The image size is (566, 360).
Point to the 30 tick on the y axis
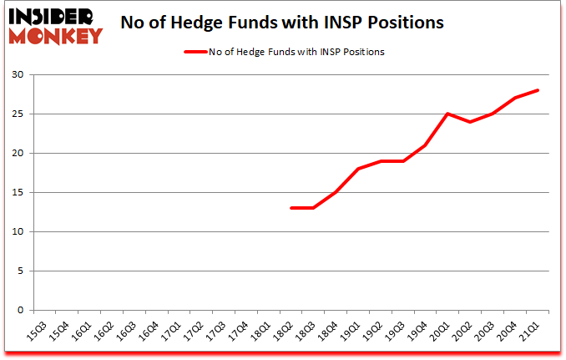[x=17, y=75]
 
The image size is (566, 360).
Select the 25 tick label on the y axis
[x=17, y=114]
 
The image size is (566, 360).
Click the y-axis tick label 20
[x=17, y=154]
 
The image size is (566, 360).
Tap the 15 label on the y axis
[x=17, y=193]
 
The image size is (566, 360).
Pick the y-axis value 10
[x=17, y=232]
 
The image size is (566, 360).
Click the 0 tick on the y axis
[x=20, y=311]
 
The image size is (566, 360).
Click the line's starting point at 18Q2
[x=291, y=208]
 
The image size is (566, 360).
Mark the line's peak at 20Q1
[x=449, y=114]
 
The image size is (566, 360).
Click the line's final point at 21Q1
[x=539, y=90]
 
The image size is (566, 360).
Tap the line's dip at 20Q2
[x=472, y=122]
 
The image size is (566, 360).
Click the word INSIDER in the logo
[x=53, y=16]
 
